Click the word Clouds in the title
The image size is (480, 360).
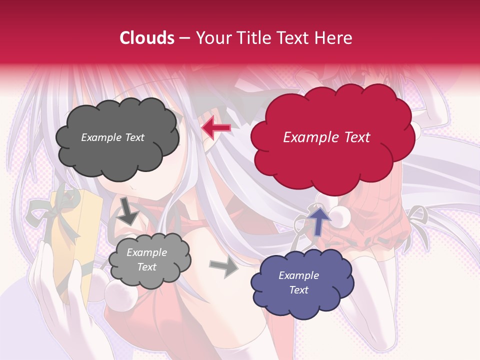click(x=147, y=38)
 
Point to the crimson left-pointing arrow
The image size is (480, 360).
click(x=216, y=128)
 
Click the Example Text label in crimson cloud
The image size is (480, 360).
click(x=326, y=137)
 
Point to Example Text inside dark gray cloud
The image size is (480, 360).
click(x=112, y=137)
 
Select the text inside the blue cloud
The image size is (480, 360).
click(x=298, y=282)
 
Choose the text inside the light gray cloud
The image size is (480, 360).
click(x=146, y=260)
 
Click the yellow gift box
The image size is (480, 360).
click(x=75, y=240)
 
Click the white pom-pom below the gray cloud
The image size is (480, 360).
click(x=120, y=296)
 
